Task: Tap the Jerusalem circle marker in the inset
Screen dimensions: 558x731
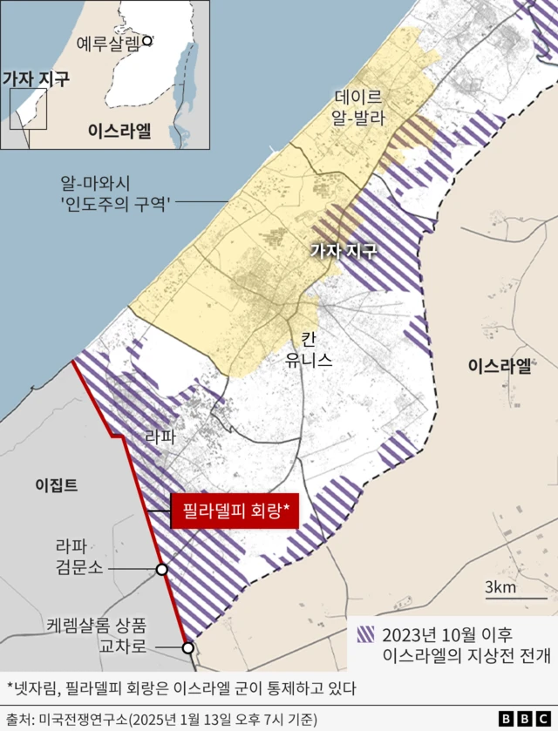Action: pyautogui.click(x=148, y=40)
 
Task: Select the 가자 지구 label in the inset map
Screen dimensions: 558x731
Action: pyautogui.click(x=35, y=79)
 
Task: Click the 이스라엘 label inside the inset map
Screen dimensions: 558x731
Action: pyautogui.click(x=119, y=131)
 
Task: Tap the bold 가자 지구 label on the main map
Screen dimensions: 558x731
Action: pyautogui.click(x=344, y=252)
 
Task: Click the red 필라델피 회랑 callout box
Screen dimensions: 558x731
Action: pyautogui.click(x=235, y=511)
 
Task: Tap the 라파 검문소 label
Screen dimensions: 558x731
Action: pyautogui.click(x=78, y=557)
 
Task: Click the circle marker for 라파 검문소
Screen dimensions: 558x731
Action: pyautogui.click(x=162, y=569)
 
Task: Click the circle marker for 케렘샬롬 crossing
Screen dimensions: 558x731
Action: pyautogui.click(x=187, y=647)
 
